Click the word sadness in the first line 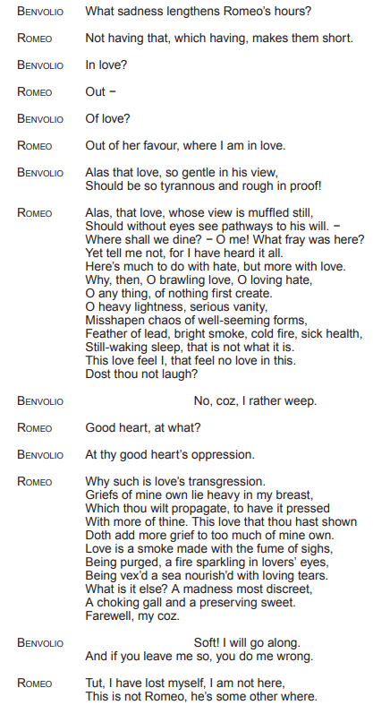pyautogui.click(x=144, y=11)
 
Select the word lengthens pyautogui.click(x=199, y=11)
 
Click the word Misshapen pyautogui.click(x=115, y=320)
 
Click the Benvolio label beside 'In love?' pyautogui.click(x=40, y=65)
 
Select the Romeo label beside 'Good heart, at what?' pyautogui.click(x=35, y=428)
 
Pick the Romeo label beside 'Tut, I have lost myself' pyautogui.click(x=35, y=684)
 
